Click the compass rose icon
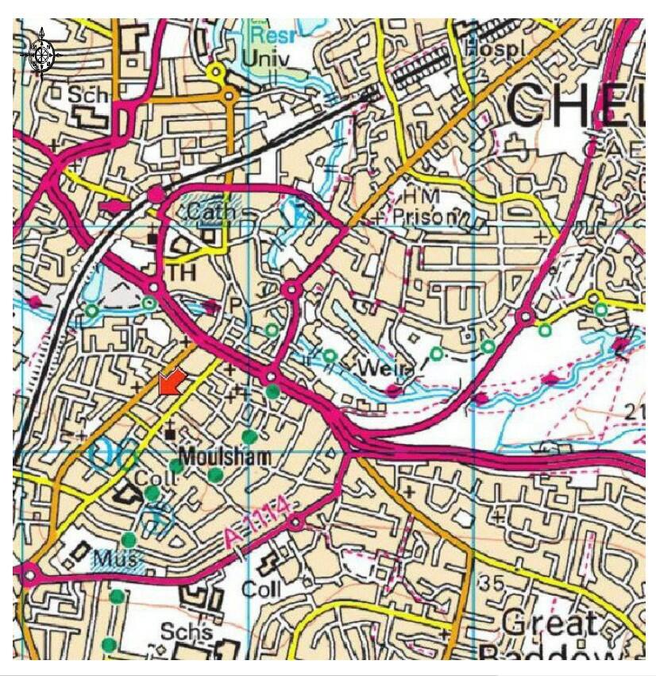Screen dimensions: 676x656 (x=42, y=53)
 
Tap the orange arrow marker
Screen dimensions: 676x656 (x=172, y=382)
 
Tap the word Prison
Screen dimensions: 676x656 (x=433, y=216)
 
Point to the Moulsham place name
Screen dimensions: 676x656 (x=224, y=457)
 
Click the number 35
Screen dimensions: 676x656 (x=492, y=584)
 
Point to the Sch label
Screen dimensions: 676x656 (x=85, y=95)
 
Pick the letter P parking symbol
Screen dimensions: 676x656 (x=235, y=304)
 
